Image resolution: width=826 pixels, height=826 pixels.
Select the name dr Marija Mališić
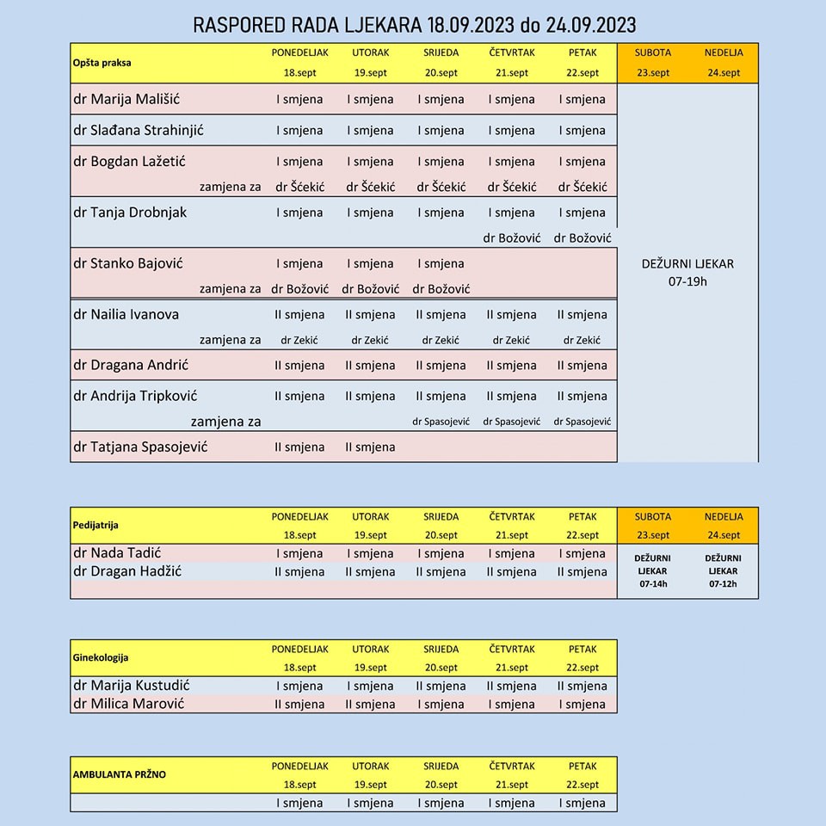tap(126, 98)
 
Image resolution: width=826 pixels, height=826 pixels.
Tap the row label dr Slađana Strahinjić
tap(138, 130)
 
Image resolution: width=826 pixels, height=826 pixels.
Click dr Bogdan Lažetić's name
tap(129, 161)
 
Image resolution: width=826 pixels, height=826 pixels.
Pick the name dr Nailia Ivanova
tap(126, 314)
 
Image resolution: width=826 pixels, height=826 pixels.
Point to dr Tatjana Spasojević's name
tap(140, 447)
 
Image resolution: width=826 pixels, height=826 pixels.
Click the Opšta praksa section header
tap(102, 62)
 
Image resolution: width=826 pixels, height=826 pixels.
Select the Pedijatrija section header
tap(96, 524)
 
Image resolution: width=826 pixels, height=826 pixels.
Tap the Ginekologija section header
tap(101, 657)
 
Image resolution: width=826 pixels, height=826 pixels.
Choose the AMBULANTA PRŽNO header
tap(120, 774)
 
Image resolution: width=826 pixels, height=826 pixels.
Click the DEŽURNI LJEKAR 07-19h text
tap(687, 272)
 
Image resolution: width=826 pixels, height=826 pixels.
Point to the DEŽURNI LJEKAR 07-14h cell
tap(653, 570)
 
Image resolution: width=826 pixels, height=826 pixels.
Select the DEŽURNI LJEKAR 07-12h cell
tap(724, 570)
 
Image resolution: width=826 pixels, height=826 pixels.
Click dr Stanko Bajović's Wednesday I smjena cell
tap(441, 263)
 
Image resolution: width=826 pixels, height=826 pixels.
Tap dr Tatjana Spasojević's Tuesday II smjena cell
tap(370, 447)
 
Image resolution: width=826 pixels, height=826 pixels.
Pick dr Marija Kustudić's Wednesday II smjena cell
tap(441, 686)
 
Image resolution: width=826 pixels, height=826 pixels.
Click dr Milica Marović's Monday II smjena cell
tap(299, 704)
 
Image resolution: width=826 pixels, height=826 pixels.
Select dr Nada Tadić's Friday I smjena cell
tap(583, 553)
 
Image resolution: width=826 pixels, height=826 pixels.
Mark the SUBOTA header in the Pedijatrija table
tap(653, 516)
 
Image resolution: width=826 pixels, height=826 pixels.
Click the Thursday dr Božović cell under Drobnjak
tap(512, 237)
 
